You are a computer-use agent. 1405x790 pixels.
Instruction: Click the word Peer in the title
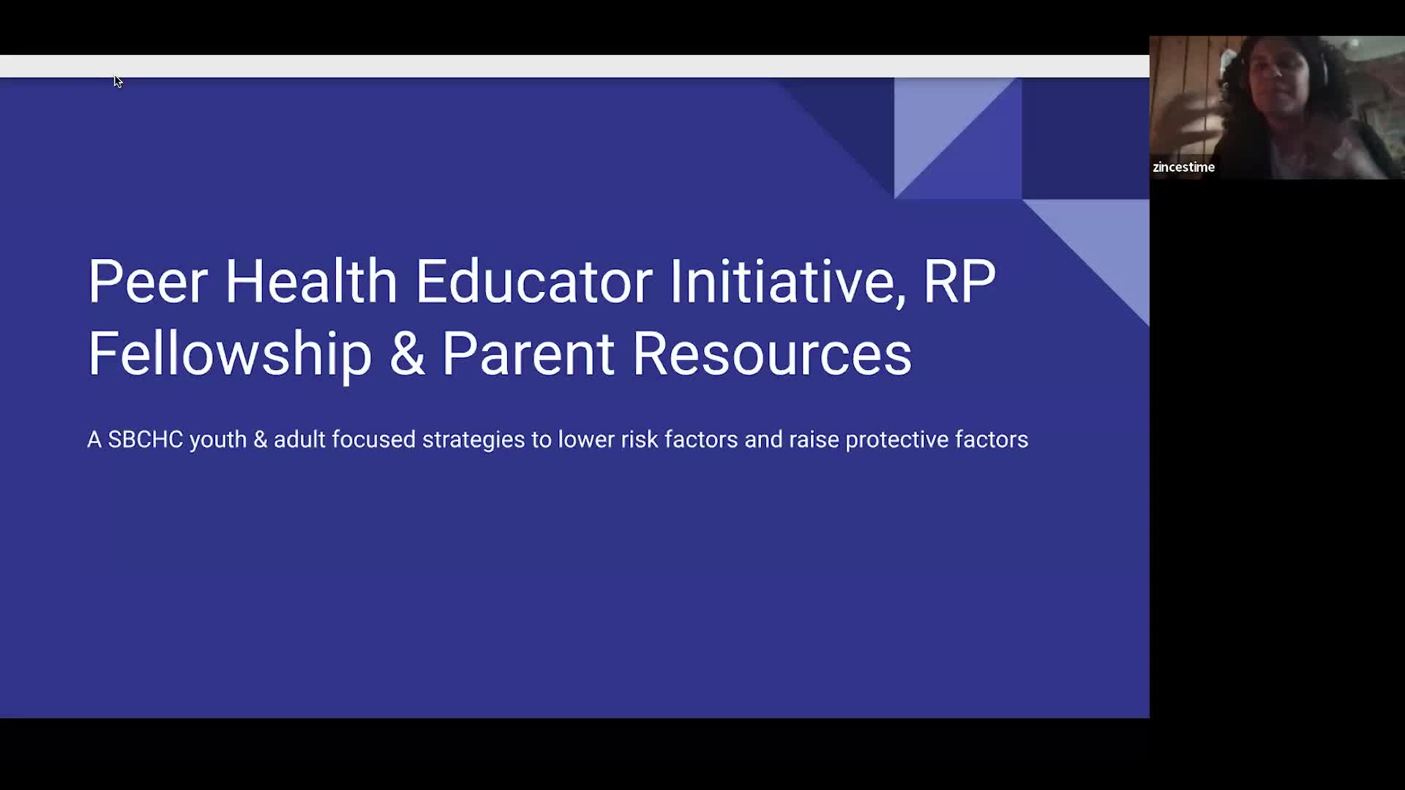[148, 281]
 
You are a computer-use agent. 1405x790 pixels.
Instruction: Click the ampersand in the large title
[407, 353]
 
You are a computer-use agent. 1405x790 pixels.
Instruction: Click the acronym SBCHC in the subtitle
[146, 440]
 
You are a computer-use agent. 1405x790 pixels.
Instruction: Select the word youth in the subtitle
[218, 440]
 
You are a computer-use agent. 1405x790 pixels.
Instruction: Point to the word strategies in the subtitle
[473, 440]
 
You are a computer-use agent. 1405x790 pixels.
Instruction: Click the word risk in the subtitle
[640, 440]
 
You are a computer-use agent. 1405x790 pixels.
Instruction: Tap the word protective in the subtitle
[897, 440]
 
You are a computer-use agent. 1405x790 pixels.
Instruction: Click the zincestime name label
[1183, 167]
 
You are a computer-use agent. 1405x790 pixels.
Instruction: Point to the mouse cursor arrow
[118, 81]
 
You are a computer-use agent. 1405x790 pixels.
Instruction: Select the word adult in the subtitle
[299, 440]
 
